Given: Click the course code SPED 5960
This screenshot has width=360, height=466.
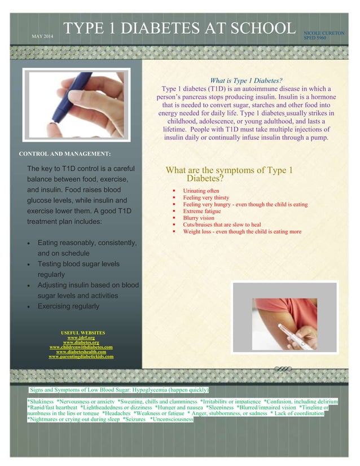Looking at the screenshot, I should tap(314, 39).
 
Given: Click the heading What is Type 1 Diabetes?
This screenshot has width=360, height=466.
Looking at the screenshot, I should tap(245, 81).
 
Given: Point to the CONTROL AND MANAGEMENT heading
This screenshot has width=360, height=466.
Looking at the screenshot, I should tap(64, 153).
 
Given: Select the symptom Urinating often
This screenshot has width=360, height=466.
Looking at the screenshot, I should tap(201, 191).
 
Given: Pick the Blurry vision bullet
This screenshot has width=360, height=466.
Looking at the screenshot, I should tap(199, 218).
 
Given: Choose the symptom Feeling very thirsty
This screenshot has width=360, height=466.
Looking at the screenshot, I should tap(206, 198).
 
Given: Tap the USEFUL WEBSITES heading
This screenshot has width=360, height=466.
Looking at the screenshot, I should tap(82, 333).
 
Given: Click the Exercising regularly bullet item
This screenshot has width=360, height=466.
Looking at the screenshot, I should tap(68, 306).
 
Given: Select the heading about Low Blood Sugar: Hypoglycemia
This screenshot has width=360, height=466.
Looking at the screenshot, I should tap(119, 390).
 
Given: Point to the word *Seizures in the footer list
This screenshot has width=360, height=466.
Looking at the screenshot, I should tap(134, 420).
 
